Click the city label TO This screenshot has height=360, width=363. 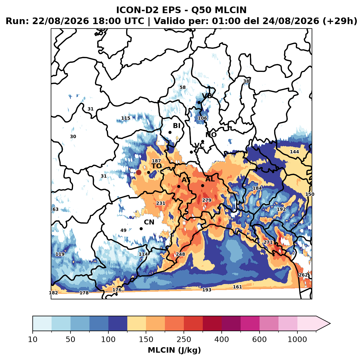tap(157, 166)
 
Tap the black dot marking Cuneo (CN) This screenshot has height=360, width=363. tap(141, 229)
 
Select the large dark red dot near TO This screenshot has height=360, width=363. tap(139, 172)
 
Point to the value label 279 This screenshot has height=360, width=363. tap(207, 200)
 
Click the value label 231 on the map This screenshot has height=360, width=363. tap(161, 203)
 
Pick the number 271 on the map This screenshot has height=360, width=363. tap(268, 242)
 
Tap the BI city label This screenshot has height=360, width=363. tap(176, 126)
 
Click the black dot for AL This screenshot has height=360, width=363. tap(202, 185)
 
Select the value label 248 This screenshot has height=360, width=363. tap(181, 254)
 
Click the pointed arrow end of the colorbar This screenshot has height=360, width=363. tap(330, 324)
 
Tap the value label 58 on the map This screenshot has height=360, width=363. tap(182, 88)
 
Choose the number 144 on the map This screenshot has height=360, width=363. tap(294, 152)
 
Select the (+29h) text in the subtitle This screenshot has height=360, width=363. tap(340, 21)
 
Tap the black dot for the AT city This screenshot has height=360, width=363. tap(179, 187)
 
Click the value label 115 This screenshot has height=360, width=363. tap(126, 118)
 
